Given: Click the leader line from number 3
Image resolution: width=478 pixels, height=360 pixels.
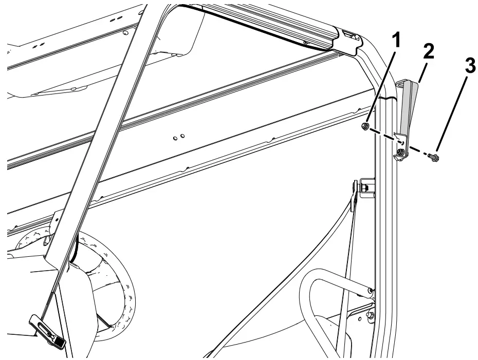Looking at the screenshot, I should [x=452, y=113].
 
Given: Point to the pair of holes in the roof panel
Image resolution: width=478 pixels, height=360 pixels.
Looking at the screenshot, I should [x=178, y=137].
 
